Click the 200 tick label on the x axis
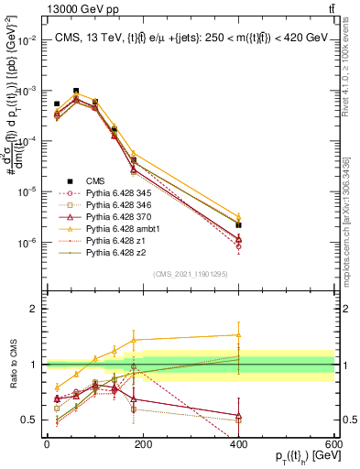coord(143,443)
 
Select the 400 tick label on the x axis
coord(239,443)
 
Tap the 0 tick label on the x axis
coord(47,443)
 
